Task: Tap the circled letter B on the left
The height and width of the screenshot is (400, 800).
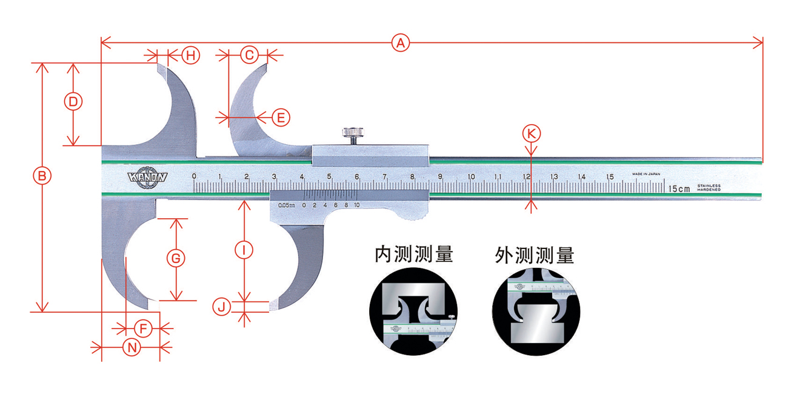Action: (x=42, y=176)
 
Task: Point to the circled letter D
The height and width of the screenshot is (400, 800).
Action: (x=73, y=102)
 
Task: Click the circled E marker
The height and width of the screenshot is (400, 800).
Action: (x=280, y=117)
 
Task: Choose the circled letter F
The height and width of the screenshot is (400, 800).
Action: (x=142, y=328)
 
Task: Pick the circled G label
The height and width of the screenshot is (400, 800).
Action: (x=175, y=258)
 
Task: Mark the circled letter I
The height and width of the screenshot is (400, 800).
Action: (x=244, y=249)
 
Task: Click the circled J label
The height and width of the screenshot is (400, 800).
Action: (x=222, y=307)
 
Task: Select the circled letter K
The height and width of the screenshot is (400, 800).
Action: (x=531, y=133)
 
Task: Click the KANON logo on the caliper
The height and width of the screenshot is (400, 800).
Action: (x=147, y=178)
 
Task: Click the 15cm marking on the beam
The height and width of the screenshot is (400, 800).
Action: (x=679, y=188)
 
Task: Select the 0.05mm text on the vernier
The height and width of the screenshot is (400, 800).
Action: (x=287, y=205)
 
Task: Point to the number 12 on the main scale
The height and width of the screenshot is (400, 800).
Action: (x=527, y=176)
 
